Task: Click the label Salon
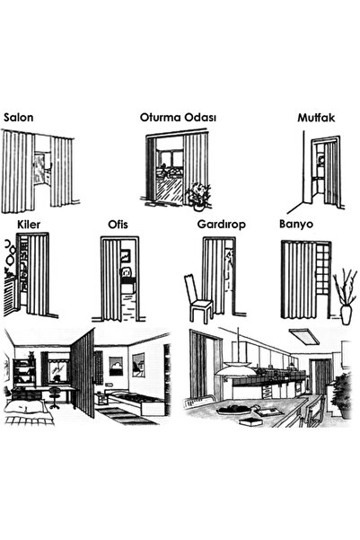tap(19, 118)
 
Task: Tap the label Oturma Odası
tap(178, 118)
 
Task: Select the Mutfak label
tap(316, 118)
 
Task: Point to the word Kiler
tap(29, 225)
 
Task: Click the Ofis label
tap(118, 225)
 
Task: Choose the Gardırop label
tap(222, 225)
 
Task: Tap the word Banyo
tap(296, 225)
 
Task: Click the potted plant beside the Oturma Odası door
tap(198, 196)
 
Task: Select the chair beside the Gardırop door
tap(198, 299)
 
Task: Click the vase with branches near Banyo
tap(346, 297)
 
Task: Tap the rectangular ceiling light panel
tap(304, 336)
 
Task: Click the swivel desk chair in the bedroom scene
tap(54, 397)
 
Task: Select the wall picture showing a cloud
tap(116, 366)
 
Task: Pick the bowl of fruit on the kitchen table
tap(233, 410)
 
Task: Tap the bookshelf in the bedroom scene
tap(24, 373)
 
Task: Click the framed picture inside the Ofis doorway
tap(126, 256)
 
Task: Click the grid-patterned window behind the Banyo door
tap(323, 270)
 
